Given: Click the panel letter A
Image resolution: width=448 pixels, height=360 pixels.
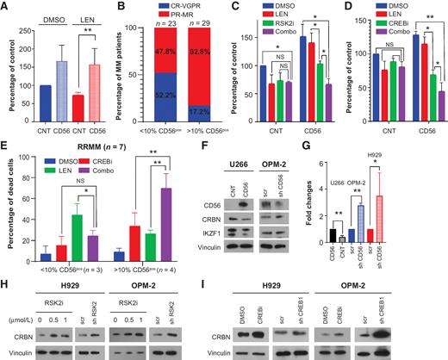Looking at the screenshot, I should point(7,7).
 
